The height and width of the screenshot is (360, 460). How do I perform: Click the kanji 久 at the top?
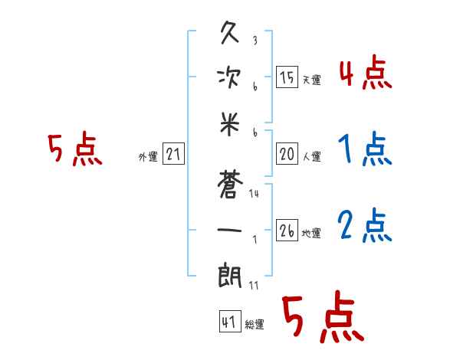[x=230, y=35]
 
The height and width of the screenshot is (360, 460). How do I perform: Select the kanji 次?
[x=230, y=79]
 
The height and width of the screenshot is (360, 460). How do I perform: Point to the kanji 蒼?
[x=230, y=184]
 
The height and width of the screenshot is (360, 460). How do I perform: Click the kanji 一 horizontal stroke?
[x=230, y=229]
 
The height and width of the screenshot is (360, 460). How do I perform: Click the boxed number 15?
[x=287, y=77]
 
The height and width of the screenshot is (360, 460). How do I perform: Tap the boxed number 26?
[x=287, y=231]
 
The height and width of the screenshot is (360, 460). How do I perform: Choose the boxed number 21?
[x=173, y=155]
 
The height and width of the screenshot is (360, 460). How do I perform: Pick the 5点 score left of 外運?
[x=74, y=149]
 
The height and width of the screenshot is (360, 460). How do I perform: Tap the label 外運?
[x=148, y=157]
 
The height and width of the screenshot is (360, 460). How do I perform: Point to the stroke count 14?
[x=254, y=194]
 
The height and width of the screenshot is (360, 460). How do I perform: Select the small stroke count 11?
[x=254, y=286]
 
